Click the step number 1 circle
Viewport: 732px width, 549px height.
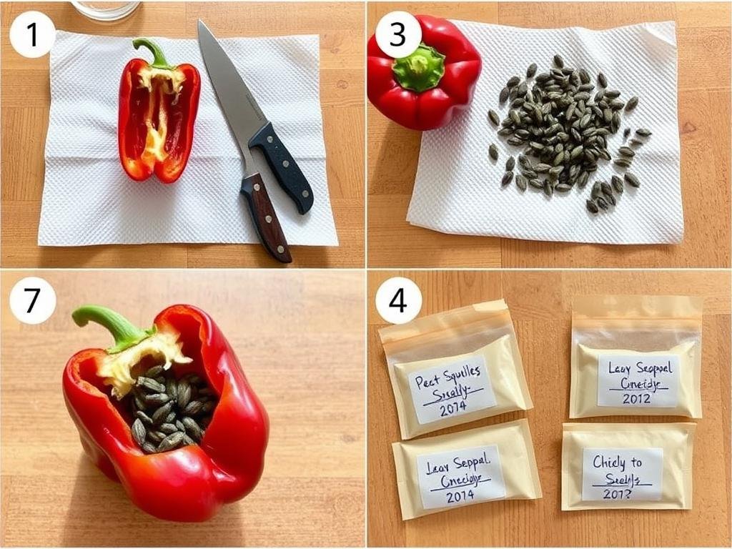coord(32,34)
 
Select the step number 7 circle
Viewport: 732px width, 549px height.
coord(32,300)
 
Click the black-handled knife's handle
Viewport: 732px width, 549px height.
coord(282,165)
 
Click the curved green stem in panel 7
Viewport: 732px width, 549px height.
coord(107,321)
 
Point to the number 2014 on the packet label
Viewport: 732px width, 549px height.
coord(460,495)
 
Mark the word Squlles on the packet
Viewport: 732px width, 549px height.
coord(464,377)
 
